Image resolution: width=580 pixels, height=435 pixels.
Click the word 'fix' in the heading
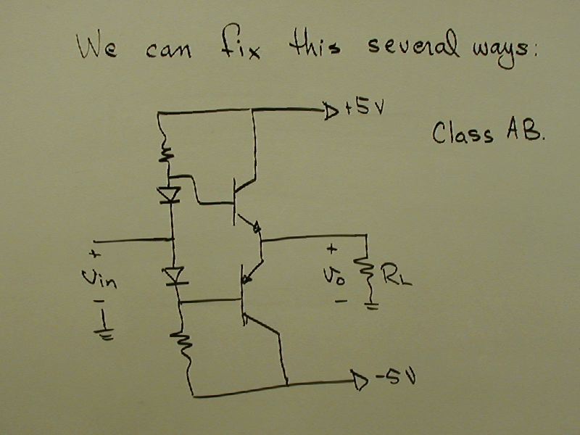239,49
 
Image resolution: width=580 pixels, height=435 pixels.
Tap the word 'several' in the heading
411,49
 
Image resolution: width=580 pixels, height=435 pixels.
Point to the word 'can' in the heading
167,51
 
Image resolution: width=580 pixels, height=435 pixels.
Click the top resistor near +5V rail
165,154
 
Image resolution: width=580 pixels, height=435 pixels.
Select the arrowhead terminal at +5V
330,111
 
